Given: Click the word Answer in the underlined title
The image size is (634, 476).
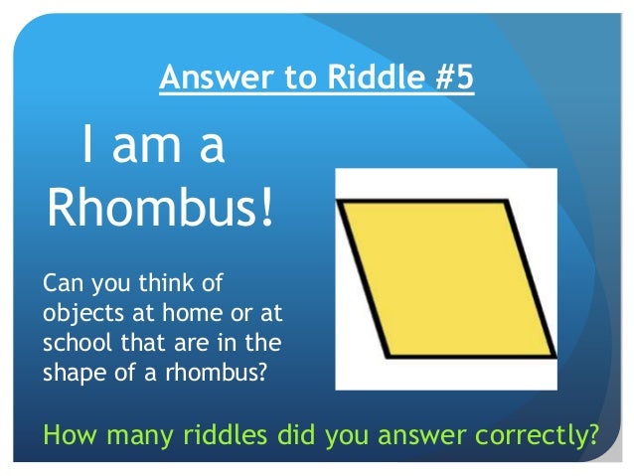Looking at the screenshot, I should tap(205, 78).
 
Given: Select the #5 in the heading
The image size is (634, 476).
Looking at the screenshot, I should tap(450, 78).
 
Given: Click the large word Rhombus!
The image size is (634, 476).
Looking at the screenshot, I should tap(160, 206).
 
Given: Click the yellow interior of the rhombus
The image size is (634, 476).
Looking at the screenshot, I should tap(446, 277).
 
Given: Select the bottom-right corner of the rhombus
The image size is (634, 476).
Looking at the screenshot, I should tap(554, 355).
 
